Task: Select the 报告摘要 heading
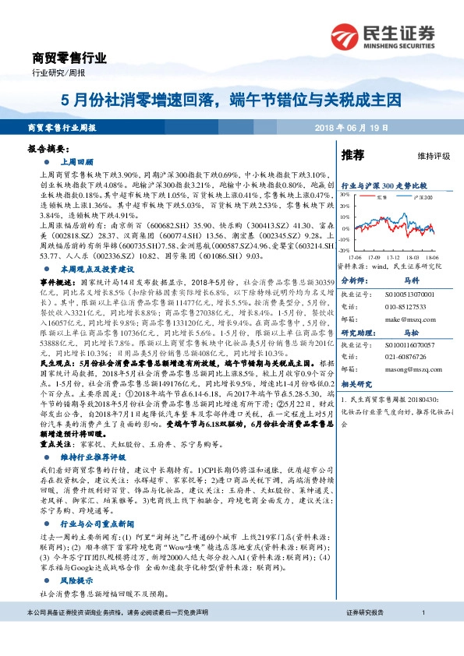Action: (48, 148)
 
